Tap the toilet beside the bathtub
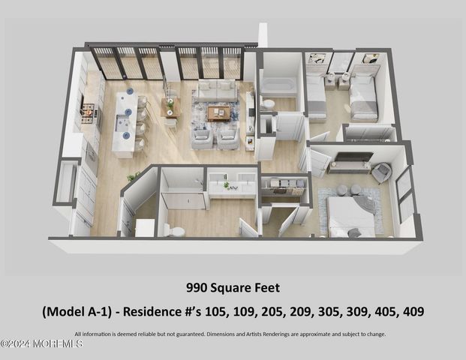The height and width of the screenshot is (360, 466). pyautogui.click(x=269, y=104)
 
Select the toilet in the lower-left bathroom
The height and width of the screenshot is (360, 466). pyautogui.click(x=177, y=231)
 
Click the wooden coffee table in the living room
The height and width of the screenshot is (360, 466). pyautogui.click(x=218, y=113)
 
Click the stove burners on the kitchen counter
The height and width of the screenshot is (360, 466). pyautogui.click(x=88, y=114)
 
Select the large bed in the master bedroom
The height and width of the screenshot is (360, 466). pyautogui.click(x=351, y=216)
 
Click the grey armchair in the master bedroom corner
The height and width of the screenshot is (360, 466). pyautogui.click(x=381, y=172)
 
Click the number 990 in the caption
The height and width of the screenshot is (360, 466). pyautogui.click(x=197, y=286)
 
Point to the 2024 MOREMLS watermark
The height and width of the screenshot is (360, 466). pyautogui.click(x=41, y=343)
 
